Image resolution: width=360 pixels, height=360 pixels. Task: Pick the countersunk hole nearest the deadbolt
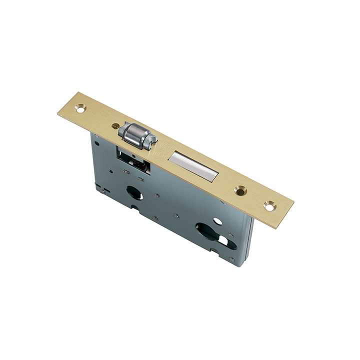click(240, 190)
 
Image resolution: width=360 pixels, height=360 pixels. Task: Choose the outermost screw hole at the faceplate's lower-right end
click(269, 205)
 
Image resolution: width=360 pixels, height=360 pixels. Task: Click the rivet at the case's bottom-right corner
click(231, 259)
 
